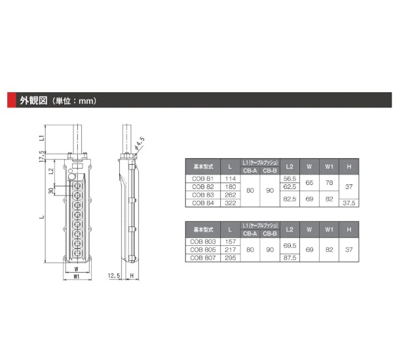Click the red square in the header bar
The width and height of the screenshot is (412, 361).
point(12,100)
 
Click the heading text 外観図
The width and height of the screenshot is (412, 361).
point(33,101)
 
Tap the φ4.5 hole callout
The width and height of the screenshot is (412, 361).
point(140,143)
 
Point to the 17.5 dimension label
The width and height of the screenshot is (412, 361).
point(41,156)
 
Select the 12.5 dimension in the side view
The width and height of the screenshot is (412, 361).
point(114,275)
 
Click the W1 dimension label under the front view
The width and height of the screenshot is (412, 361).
point(76,276)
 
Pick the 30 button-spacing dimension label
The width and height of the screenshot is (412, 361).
point(51,190)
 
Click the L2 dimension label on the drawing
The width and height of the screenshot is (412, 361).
point(51,171)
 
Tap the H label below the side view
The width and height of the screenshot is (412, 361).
point(132,275)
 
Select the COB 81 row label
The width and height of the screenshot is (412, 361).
point(202,179)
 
